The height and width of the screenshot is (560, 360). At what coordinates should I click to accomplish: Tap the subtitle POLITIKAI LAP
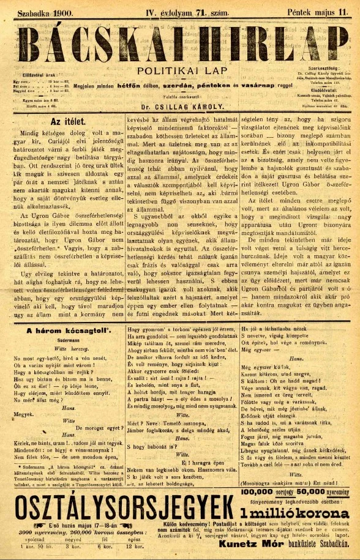[x=180, y=71]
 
